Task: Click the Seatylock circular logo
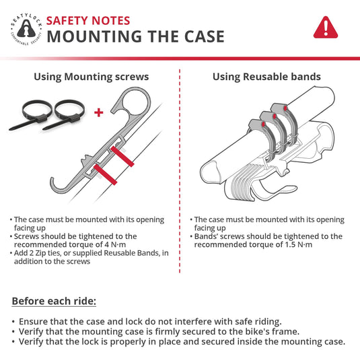(26, 29)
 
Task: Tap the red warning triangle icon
(326, 28)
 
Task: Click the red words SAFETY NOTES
(88, 21)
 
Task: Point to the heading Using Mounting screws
(92, 77)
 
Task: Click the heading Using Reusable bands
(266, 77)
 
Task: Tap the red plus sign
(99, 112)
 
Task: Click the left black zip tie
(32, 114)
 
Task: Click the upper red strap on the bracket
(122, 156)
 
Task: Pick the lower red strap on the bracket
(106, 174)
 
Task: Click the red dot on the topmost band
(285, 108)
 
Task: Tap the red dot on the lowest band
(263, 124)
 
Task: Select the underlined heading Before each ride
(54, 301)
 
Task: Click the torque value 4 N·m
(115, 244)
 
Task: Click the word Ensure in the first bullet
(33, 322)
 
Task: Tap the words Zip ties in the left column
(48, 253)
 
